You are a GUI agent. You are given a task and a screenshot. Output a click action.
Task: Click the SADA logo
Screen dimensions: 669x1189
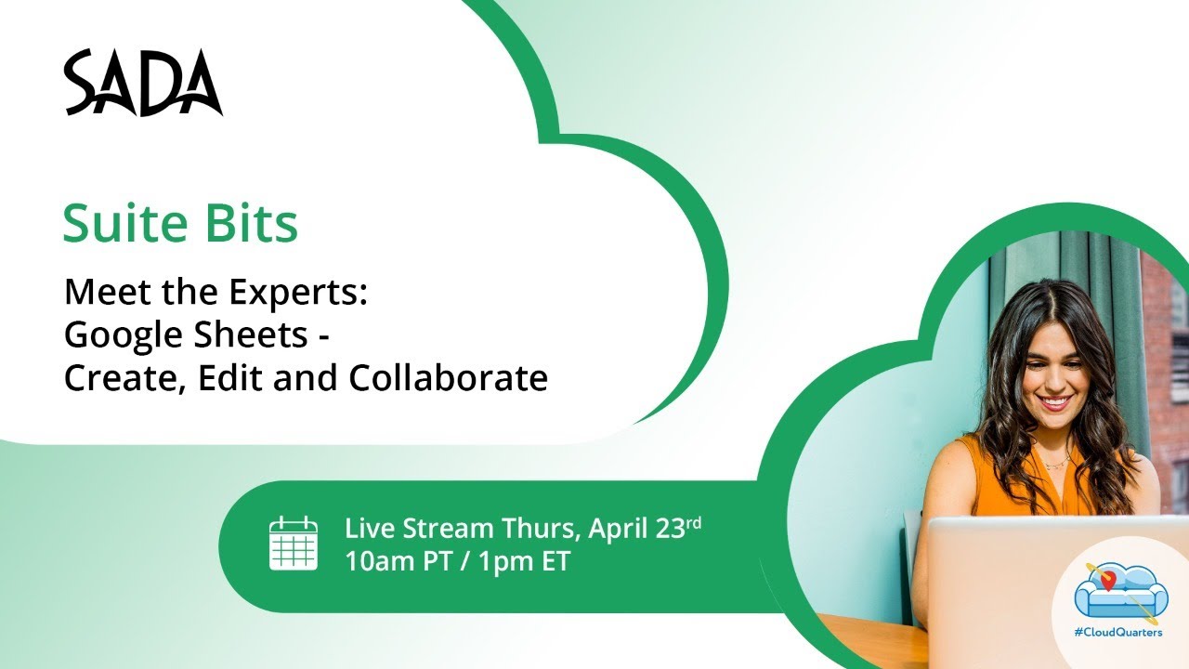(x=143, y=84)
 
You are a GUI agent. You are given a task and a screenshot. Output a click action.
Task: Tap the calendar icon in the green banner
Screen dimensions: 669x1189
(x=294, y=544)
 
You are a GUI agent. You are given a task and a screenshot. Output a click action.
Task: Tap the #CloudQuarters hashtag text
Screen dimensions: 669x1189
(x=1117, y=633)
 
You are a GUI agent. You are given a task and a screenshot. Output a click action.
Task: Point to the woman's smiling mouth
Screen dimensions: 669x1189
(x=1055, y=402)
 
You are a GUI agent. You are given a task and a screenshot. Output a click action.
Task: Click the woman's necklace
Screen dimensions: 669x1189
(x=1055, y=462)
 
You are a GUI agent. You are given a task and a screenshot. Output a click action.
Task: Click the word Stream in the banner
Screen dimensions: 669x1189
(x=451, y=529)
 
